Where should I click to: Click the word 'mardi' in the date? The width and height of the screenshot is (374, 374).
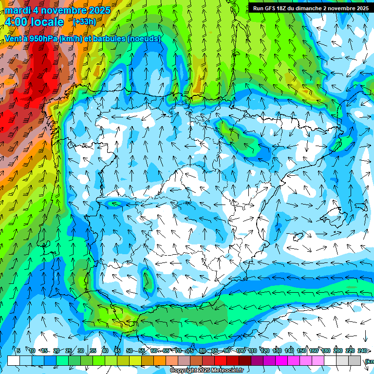18,10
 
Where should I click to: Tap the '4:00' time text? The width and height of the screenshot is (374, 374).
16,22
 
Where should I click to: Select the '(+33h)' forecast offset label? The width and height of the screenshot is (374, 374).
84,22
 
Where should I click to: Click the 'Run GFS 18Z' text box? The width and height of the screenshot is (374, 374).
309,8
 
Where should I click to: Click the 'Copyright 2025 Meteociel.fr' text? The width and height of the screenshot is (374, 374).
206,371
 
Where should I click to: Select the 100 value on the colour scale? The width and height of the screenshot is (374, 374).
241,351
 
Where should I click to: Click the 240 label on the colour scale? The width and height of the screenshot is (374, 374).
362,351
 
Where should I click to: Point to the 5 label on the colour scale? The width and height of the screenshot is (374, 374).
18,351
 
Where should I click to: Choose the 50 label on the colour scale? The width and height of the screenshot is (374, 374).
129,351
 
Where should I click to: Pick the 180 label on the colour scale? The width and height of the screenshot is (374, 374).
326,351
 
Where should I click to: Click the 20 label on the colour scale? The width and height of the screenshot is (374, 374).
56,351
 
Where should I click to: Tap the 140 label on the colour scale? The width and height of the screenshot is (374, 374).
289,351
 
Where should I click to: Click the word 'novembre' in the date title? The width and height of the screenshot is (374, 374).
64,10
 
